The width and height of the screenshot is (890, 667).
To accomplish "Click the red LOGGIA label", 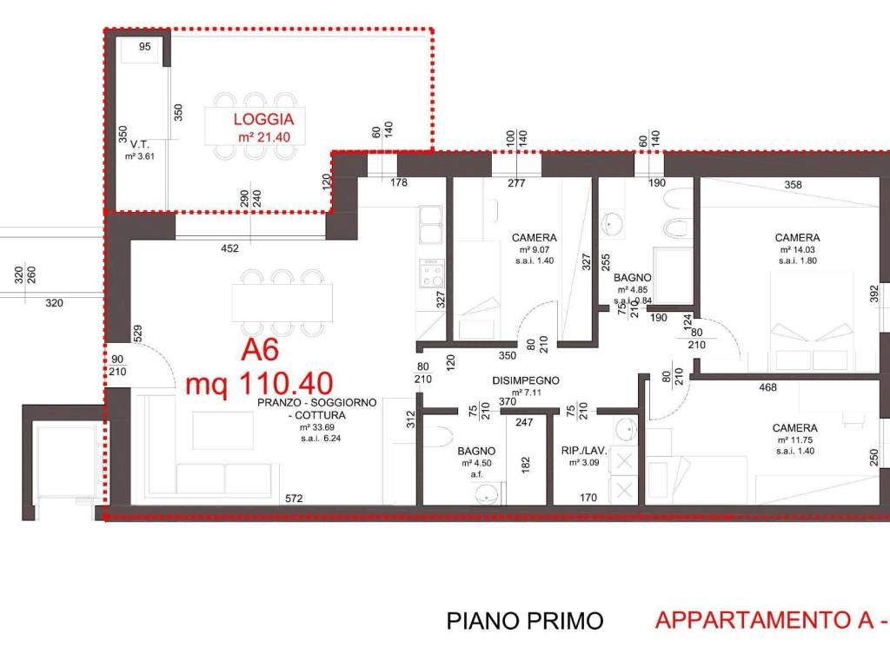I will (x=263, y=121).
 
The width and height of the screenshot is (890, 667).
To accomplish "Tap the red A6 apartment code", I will (x=259, y=351).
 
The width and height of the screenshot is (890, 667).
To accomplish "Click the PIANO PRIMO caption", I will (x=524, y=621).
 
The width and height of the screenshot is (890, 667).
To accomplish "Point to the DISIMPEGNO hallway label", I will (x=525, y=380).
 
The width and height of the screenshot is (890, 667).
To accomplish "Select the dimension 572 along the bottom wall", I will (x=295, y=498).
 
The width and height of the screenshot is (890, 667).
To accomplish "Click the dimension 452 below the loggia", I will (x=229, y=249).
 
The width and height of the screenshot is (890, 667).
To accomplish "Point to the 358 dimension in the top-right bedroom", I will (x=792, y=185).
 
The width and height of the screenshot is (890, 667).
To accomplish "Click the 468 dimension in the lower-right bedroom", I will (x=767, y=387).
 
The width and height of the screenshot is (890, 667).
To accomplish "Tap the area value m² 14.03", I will (x=797, y=249).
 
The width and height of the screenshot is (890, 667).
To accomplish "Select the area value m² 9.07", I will (x=534, y=249).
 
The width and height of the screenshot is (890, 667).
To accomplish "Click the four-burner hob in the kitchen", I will (x=432, y=275).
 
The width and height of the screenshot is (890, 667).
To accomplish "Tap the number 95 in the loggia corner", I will (x=144, y=47).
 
